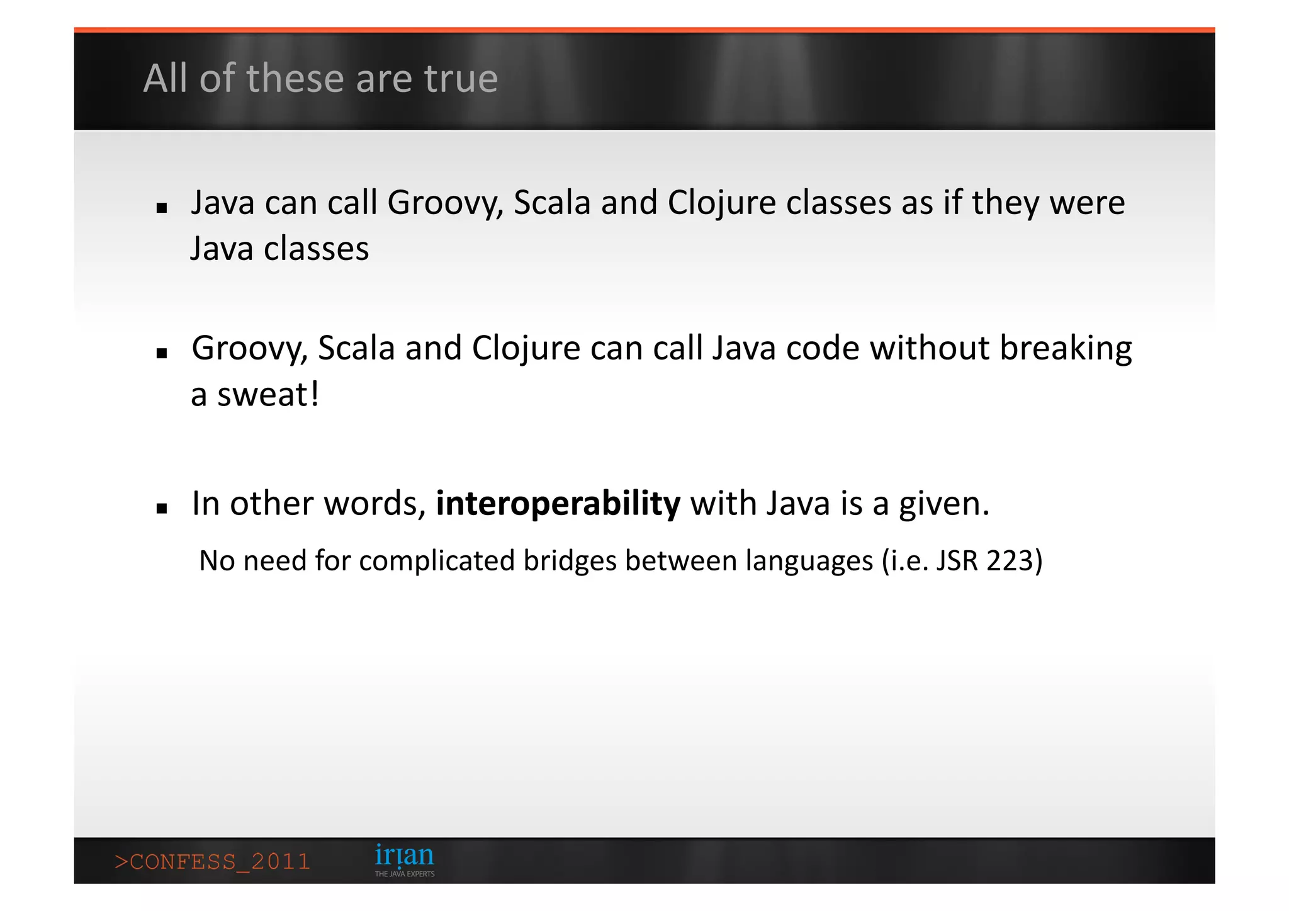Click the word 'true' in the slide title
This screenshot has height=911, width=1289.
click(x=461, y=79)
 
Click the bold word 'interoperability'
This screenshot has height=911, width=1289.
click(x=558, y=504)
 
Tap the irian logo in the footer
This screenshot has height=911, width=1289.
click(x=404, y=856)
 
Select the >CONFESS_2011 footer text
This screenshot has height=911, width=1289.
click(x=212, y=861)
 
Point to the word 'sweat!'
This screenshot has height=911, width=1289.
click(x=268, y=395)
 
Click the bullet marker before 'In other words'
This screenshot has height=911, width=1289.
click(x=162, y=509)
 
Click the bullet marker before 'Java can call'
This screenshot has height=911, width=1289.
click(x=162, y=208)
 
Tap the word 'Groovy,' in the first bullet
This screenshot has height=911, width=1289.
click(x=445, y=203)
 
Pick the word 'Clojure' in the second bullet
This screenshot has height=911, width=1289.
click(x=526, y=348)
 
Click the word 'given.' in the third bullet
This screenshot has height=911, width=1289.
click(x=943, y=504)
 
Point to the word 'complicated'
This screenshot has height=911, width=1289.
click(x=437, y=560)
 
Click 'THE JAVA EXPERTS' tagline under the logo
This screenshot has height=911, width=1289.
click(x=405, y=874)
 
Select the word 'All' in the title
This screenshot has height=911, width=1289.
click(x=165, y=79)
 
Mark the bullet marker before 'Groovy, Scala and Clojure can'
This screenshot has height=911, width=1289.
click(x=162, y=354)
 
